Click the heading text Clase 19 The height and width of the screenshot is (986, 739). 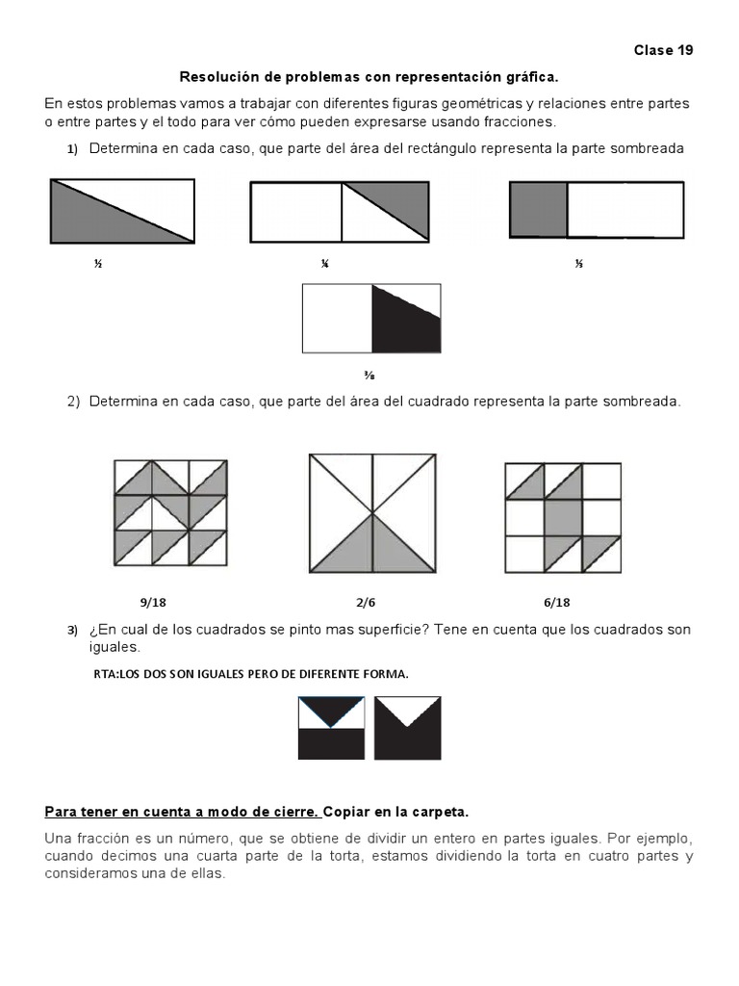(x=663, y=50)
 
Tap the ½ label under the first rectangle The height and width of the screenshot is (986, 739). (x=98, y=264)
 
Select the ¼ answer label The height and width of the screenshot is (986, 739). (x=325, y=264)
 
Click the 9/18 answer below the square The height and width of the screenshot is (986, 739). (x=153, y=603)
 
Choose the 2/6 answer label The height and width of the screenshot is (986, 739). (x=366, y=603)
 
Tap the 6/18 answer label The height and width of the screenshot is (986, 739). (x=556, y=603)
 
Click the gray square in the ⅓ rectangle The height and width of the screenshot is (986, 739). (x=539, y=209)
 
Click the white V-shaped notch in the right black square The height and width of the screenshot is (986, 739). (x=408, y=710)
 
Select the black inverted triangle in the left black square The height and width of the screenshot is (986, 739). (x=331, y=709)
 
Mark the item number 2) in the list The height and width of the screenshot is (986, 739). (x=73, y=402)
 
